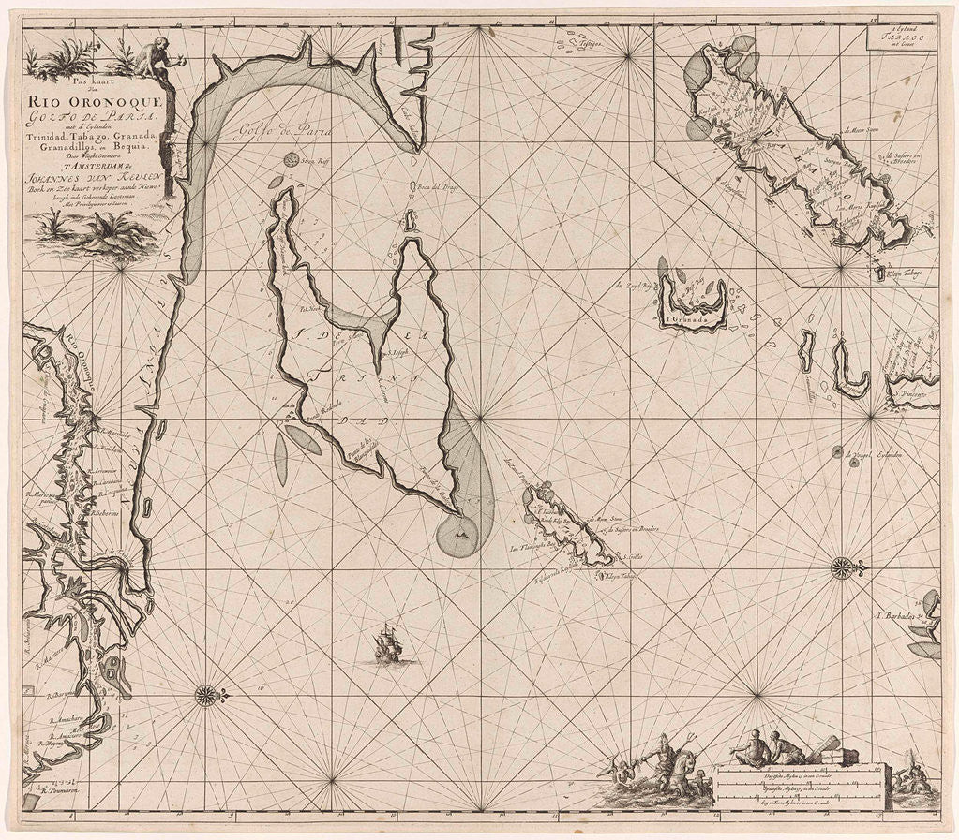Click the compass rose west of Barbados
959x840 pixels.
pyautogui.click(x=842, y=567)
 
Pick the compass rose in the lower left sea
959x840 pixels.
pyautogui.click(x=205, y=695)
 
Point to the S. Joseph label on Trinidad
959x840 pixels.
pyautogui.click(x=402, y=355)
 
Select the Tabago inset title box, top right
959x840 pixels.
pyautogui.click(x=901, y=37)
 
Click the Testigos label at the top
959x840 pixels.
pyautogui.click(x=614, y=45)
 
